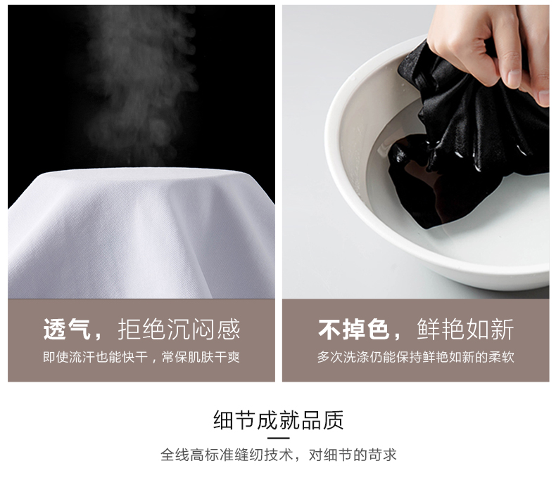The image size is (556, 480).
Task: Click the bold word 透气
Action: click(x=66, y=329)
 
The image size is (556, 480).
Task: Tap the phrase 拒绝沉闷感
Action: click(x=179, y=329)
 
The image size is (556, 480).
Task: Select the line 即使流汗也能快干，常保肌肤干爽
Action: click(x=141, y=357)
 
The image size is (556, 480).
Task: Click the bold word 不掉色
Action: click(x=354, y=329)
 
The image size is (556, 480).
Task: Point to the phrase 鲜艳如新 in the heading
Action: click(x=465, y=329)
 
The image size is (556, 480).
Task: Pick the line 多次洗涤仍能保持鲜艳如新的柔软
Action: click(x=415, y=357)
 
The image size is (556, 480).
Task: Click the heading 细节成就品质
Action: click(x=279, y=420)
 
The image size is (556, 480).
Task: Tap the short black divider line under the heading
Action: click(x=279, y=439)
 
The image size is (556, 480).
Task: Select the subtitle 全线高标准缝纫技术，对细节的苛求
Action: click(x=279, y=455)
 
